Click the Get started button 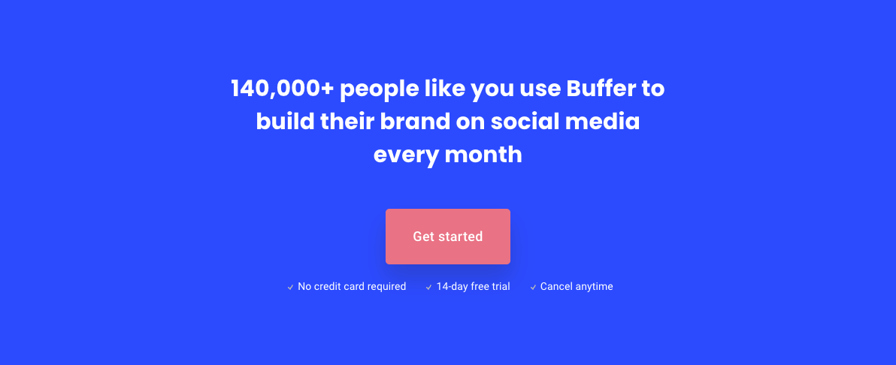click(447, 237)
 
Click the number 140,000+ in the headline click(283, 89)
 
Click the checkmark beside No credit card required click(290, 288)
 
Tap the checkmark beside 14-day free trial click(428, 288)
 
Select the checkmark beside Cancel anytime click(533, 288)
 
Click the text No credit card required click(352, 287)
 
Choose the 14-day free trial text click(473, 287)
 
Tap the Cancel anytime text click(577, 287)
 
